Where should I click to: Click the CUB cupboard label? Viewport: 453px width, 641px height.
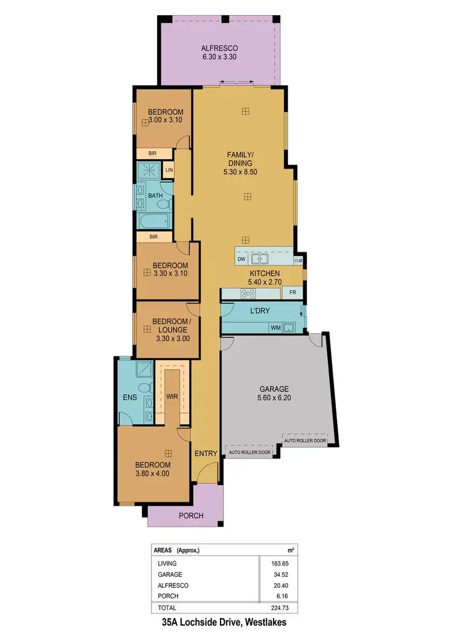pyautogui.click(x=298, y=261)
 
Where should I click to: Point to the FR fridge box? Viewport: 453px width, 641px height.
pyautogui.click(x=292, y=293)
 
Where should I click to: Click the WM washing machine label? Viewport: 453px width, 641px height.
pyautogui.click(x=274, y=328)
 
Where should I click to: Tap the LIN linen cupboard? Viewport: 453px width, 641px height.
pyautogui.click(x=169, y=171)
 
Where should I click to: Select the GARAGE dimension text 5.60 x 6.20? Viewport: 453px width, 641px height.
pyautogui.click(x=274, y=399)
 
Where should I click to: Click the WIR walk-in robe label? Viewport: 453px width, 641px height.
pyautogui.click(x=172, y=396)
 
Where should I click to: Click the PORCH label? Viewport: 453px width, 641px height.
pyautogui.click(x=191, y=516)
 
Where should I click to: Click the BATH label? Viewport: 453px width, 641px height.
pyautogui.click(x=155, y=195)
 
